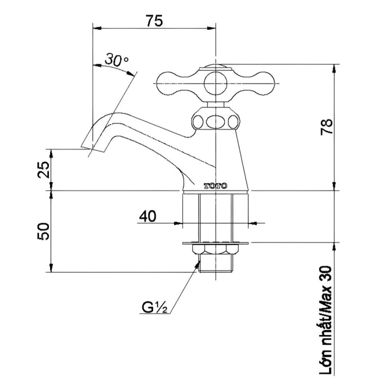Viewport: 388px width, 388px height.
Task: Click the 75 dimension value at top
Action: click(x=154, y=20)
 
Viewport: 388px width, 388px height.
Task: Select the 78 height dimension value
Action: click(x=327, y=126)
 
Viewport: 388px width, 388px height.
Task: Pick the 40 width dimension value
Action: click(x=148, y=216)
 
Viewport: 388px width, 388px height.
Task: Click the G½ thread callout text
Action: click(x=154, y=308)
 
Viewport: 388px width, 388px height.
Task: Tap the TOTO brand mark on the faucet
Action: click(x=215, y=186)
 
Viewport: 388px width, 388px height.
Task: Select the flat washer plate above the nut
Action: click(x=215, y=243)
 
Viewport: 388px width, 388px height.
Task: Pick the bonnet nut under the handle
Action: click(x=215, y=120)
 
